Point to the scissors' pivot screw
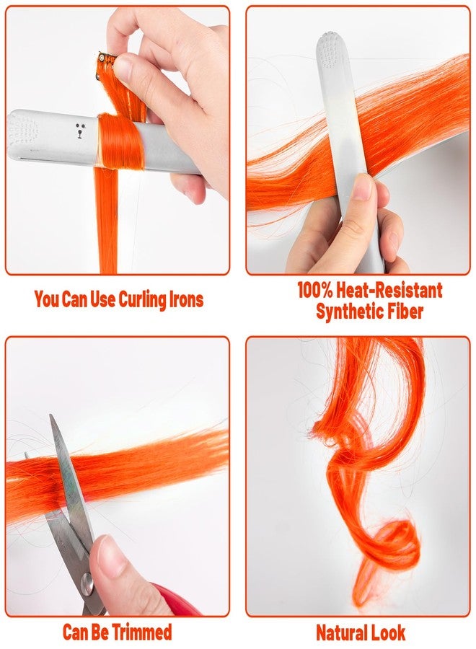(88, 581)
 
